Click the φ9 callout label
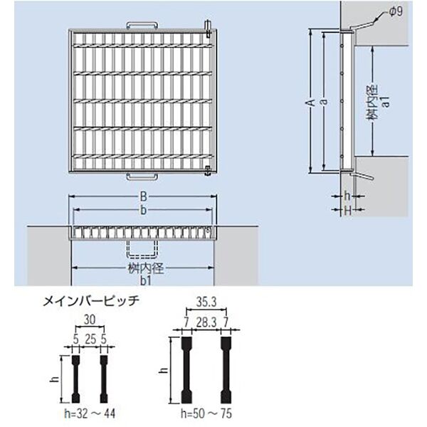[x=396, y=11]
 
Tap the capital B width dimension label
[x=143, y=196]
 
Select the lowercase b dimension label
[x=143, y=210]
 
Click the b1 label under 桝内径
[x=146, y=281]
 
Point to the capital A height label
[x=311, y=102]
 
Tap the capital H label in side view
[x=347, y=210]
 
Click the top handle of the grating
[x=142, y=26]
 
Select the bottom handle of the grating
[x=142, y=176]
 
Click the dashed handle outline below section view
[x=142, y=248]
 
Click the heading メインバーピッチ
[x=91, y=301]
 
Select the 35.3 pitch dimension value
[x=206, y=302]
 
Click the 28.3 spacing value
[x=206, y=323]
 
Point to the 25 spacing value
[x=90, y=339]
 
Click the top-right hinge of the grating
[x=208, y=28]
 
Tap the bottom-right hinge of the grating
[x=208, y=171]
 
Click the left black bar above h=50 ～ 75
[x=186, y=370]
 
